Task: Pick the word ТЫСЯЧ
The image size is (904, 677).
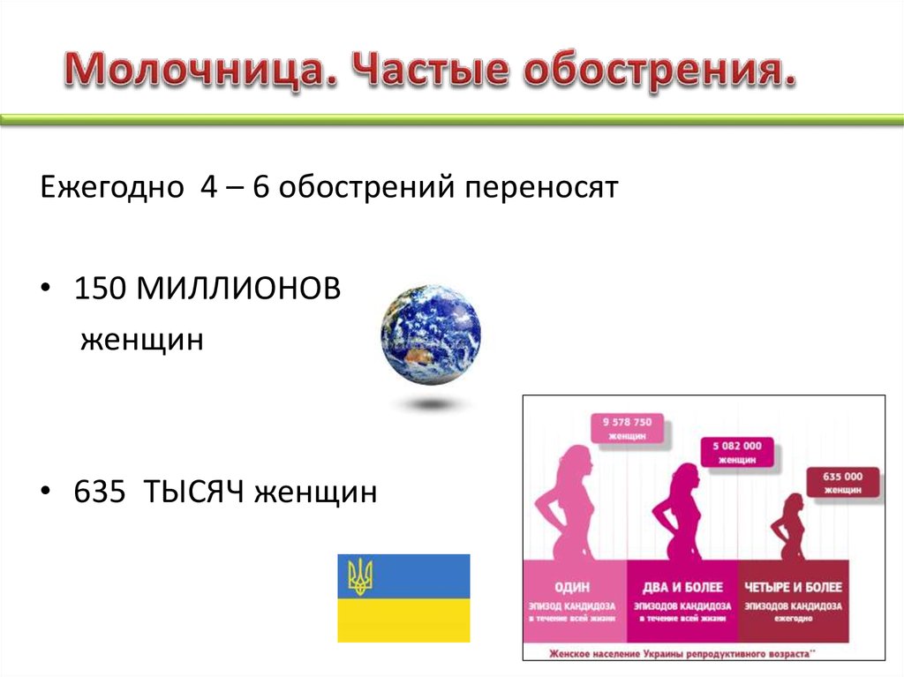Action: coord(204,490)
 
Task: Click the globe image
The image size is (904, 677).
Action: coord(431,335)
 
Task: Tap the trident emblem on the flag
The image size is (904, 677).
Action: coord(360,575)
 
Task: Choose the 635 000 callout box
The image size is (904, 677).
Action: coord(842,481)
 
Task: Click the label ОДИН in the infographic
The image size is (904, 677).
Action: coord(573,587)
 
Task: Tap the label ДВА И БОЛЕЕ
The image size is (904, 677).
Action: coord(682,587)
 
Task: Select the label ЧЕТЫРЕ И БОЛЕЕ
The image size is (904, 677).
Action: coord(793,587)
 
